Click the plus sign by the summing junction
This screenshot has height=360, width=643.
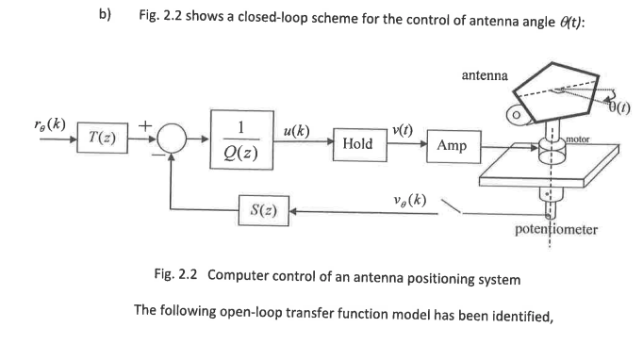click(x=146, y=123)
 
